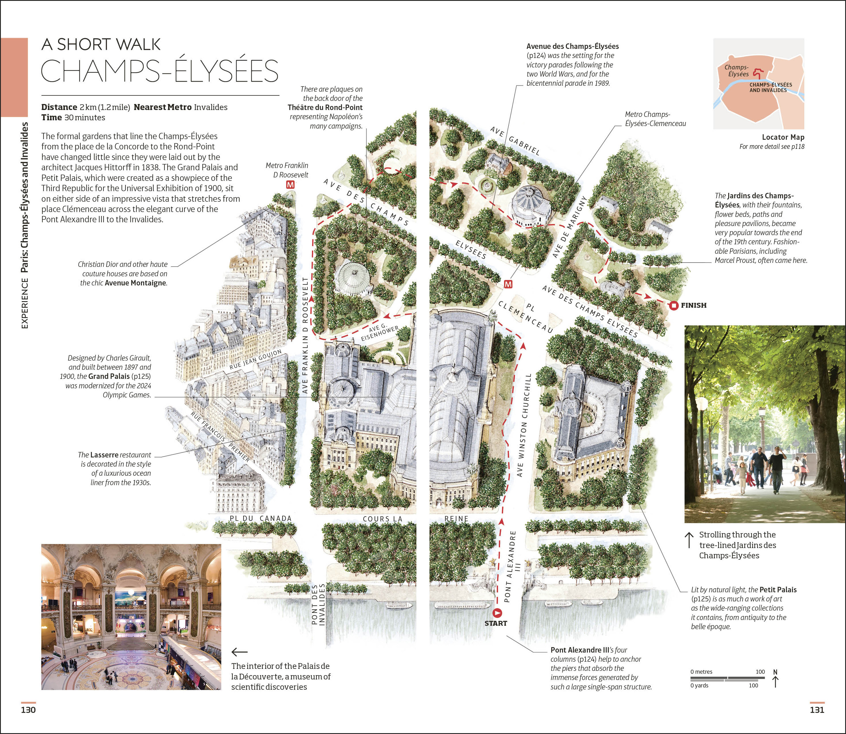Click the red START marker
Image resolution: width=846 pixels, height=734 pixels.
click(x=497, y=613)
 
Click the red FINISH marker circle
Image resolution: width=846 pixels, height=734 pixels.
click(x=674, y=305)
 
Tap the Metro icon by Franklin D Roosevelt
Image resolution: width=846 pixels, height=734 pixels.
click(x=290, y=185)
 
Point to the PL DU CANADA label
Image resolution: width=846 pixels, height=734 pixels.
click(x=261, y=519)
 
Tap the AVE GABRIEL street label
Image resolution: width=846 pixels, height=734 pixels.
click(x=515, y=141)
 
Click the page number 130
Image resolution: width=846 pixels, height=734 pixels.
click(x=28, y=710)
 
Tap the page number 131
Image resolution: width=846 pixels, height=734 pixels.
click(x=817, y=710)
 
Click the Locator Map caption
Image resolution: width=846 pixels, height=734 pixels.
click(x=783, y=137)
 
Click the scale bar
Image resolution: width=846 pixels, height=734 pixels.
click(x=728, y=678)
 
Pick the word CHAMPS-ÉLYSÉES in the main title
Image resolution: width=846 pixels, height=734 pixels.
click(x=160, y=71)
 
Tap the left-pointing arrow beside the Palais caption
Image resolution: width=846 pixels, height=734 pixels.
click(x=239, y=652)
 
